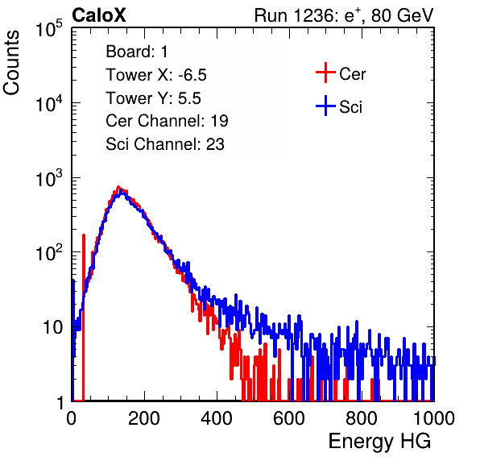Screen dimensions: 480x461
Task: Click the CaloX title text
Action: pos(99,15)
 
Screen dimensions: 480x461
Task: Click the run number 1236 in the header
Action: pos(315,15)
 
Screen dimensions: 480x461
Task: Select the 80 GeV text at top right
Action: pos(402,15)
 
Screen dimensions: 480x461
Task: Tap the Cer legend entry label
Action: pos(352,74)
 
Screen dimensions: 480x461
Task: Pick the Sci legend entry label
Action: pos(350,107)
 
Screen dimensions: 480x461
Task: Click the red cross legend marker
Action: pos(325,73)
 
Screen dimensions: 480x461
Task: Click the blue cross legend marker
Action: pos(325,106)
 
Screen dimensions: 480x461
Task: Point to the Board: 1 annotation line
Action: pos(137,52)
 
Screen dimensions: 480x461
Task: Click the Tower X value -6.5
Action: pos(192,75)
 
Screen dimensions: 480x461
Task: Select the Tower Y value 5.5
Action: pos(189,98)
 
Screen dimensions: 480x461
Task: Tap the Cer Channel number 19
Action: pos(219,121)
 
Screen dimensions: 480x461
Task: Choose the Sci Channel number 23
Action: pos(215,144)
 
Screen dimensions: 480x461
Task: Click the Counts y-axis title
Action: pos(11,63)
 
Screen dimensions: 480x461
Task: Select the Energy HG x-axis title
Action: pos(379,442)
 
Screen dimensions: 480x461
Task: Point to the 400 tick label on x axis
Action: pos(217,418)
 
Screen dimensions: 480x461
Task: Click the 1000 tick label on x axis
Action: pos(434,418)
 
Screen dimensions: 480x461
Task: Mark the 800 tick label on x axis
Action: pos(362,418)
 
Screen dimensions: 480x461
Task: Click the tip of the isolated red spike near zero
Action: pos(83,235)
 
